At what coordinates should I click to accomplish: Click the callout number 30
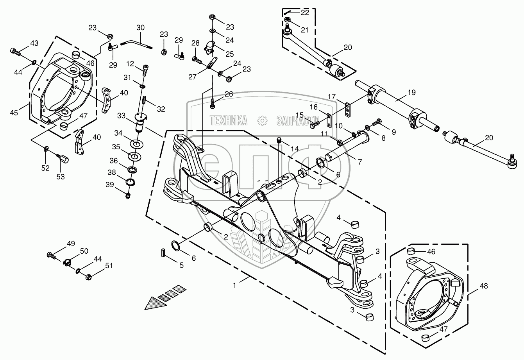(x=140, y=28)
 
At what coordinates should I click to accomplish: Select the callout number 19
(x=411, y=93)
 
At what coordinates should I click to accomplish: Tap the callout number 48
(x=483, y=286)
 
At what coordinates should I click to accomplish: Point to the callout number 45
(x=14, y=113)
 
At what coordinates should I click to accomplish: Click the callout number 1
(x=234, y=285)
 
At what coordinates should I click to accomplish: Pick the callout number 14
(x=295, y=149)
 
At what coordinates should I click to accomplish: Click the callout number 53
(x=60, y=177)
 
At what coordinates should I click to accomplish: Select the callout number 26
(x=229, y=94)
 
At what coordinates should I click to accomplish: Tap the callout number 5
(x=182, y=265)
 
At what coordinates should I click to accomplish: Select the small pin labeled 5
(x=163, y=253)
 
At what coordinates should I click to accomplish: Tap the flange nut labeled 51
(x=88, y=277)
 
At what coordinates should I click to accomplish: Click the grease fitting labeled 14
(x=279, y=140)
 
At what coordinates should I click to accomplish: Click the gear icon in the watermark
(x=262, y=121)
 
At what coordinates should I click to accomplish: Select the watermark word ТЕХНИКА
(x=229, y=120)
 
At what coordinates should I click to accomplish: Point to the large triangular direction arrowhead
(x=155, y=303)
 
